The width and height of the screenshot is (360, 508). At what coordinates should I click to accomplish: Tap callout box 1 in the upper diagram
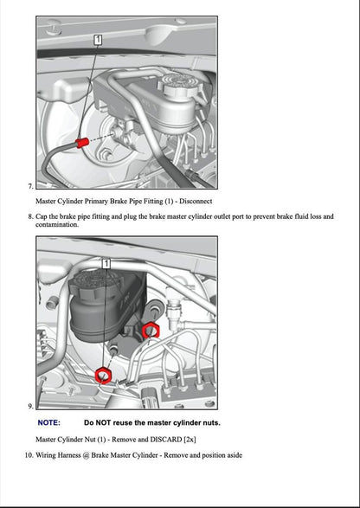(99, 39)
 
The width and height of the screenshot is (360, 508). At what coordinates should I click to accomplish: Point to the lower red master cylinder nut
(103, 374)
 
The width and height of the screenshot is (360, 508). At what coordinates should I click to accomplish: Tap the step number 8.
(29, 216)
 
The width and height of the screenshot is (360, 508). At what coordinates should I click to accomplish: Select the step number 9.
(29, 406)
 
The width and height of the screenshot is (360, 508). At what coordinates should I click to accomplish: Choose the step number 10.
(28, 454)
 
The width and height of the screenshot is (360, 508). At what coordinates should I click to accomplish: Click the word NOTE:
(49, 423)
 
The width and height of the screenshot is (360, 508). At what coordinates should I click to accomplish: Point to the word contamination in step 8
(56, 224)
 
